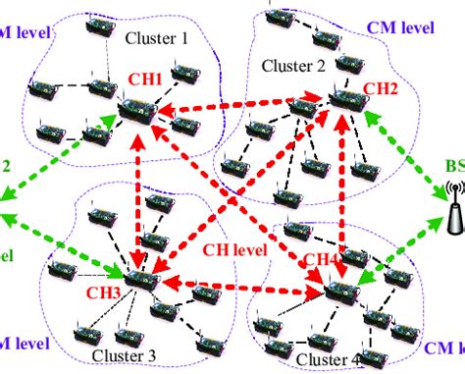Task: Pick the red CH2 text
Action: pos(381,88)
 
